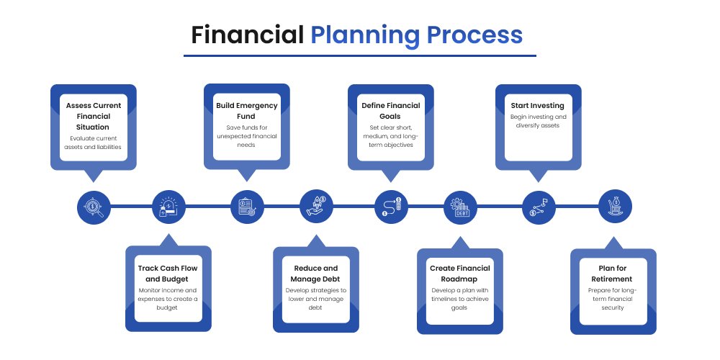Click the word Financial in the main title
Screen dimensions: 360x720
[x=247, y=34]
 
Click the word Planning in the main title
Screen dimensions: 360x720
[x=363, y=34]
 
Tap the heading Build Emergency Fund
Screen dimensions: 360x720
[x=246, y=111]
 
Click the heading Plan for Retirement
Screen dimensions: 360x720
[x=614, y=274]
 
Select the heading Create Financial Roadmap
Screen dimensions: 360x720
[x=459, y=274]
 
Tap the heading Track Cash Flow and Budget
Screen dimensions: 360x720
[x=168, y=274]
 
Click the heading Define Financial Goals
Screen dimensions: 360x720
[x=390, y=111]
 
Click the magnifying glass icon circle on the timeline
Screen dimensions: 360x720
[x=94, y=207]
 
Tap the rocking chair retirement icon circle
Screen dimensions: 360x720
[x=616, y=207]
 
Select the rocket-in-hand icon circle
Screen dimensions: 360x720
[x=316, y=207]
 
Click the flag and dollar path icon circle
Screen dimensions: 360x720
[x=539, y=207]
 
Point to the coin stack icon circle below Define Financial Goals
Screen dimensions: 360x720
[x=392, y=207]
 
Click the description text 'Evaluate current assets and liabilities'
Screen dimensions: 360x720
[x=94, y=142]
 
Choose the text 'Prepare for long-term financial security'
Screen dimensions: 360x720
[x=614, y=299]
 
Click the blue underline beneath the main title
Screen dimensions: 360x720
[x=359, y=55]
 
